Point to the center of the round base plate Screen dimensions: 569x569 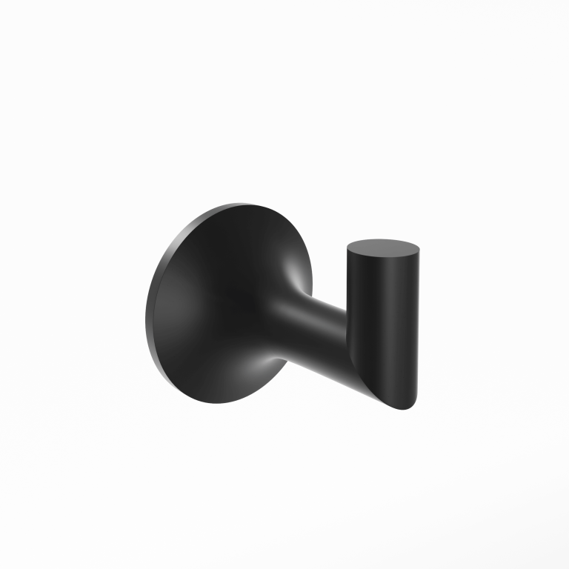click(222, 304)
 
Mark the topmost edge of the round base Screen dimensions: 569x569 click(244, 204)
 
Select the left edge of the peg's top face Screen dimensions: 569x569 click(347, 249)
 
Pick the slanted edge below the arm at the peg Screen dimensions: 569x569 click(374, 385)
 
